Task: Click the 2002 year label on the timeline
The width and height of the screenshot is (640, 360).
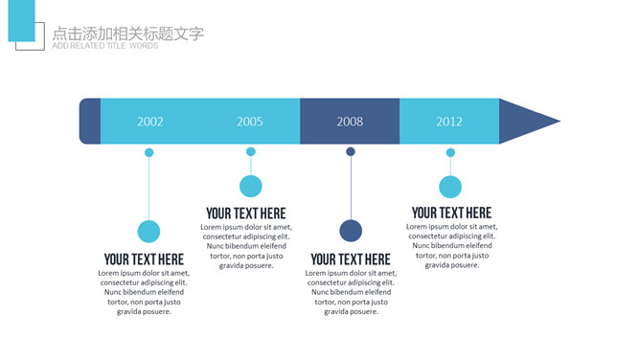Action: [x=150, y=122]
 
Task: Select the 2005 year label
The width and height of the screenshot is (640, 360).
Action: [x=250, y=122]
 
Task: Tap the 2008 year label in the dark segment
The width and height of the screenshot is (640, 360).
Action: [x=350, y=122]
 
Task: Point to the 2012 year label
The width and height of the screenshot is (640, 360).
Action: [x=449, y=122]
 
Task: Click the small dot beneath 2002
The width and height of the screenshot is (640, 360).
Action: [x=149, y=152]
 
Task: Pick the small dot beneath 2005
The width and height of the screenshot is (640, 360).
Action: [x=251, y=151]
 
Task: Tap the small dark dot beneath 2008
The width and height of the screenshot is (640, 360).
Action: [x=351, y=151]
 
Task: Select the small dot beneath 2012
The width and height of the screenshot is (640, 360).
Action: [x=450, y=152]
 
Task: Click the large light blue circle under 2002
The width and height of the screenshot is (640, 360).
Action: [x=149, y=231]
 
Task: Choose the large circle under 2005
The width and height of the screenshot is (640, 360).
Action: [x=251, y=187]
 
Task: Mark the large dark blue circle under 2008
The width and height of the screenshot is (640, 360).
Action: [x=351, y=231]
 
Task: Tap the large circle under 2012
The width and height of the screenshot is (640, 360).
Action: [x=450, y=188]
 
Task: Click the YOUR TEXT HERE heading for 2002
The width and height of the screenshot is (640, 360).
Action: [x=144, y=259]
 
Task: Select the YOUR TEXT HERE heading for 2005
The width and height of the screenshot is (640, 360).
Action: [x=245, y=214]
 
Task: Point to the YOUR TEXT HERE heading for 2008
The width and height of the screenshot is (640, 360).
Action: [x=351, y=259]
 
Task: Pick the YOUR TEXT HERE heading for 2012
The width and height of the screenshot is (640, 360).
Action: [x=451, y=213]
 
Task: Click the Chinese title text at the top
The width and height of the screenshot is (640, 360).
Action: [x=128, y=34]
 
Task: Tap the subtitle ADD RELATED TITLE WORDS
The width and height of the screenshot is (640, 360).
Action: [x=105, y=46]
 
